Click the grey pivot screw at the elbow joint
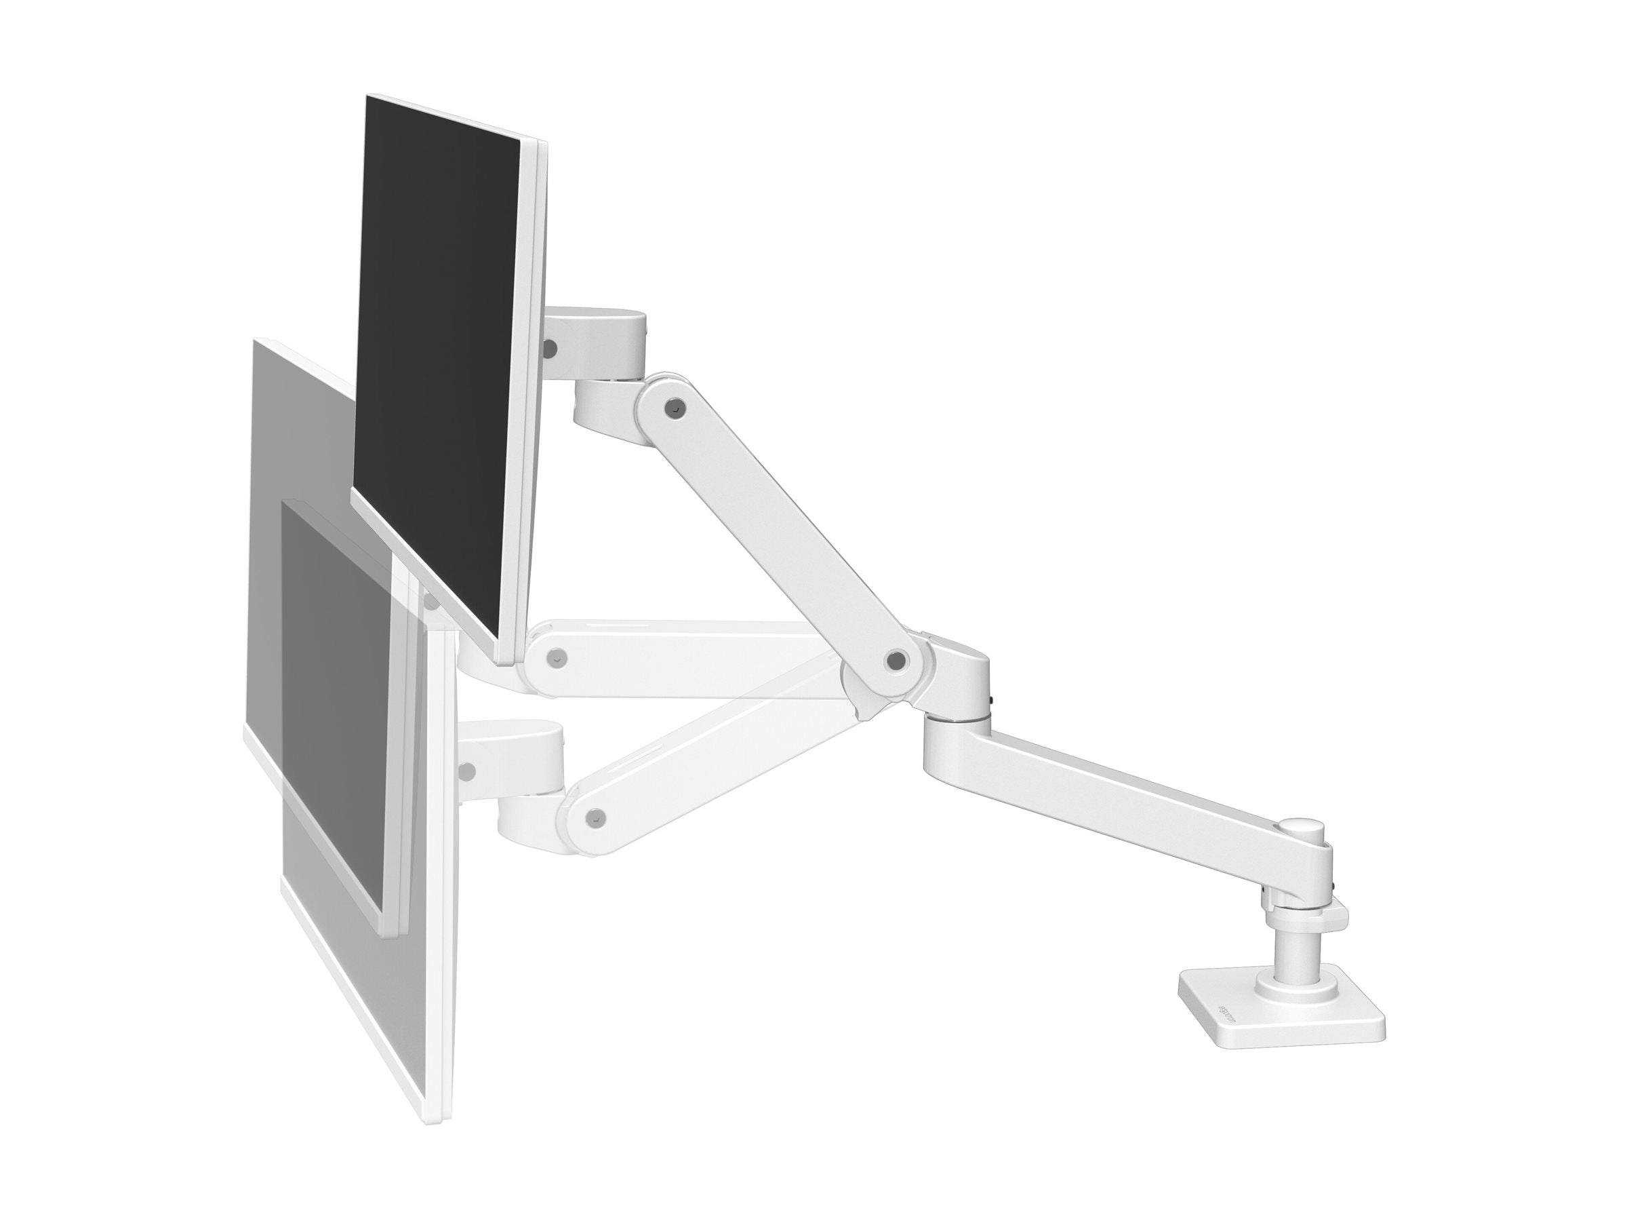[x=894, y=660]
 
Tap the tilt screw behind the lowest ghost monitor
[x=465, y=771]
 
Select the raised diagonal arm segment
[x=780, y=530]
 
